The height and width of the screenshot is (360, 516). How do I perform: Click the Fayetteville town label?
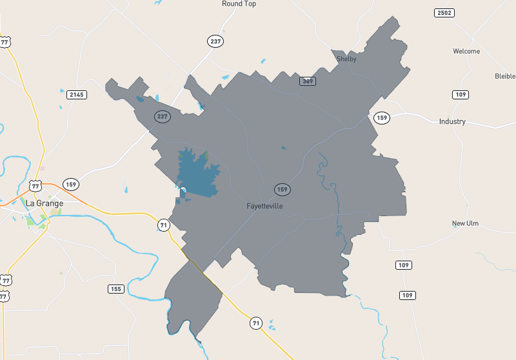(x=264, y=206)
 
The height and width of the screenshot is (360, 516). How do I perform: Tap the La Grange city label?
(x=45, y=203)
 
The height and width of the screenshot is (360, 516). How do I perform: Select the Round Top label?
(x=239, y=4)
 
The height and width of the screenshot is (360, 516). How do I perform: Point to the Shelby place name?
(x=346, y=59)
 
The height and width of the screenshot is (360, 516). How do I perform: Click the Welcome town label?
(x=466, y=52)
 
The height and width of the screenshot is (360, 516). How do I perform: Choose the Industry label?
(x=452, y=121)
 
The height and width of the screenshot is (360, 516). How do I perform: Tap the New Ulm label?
(x=466, y=223)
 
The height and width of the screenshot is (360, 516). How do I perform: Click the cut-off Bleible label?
(x=505, y=75)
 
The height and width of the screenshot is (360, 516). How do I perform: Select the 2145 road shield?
(x=77, y=95)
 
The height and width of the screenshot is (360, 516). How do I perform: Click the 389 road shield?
(x=307, y=81)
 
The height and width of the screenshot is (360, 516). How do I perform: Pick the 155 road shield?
(x=116, y=289)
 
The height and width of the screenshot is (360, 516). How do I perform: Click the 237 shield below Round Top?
(x=215, y=41)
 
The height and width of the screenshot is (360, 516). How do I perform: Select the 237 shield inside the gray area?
(x=162, y=117)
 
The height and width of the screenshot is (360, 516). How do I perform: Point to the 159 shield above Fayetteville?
(x=282, y=189)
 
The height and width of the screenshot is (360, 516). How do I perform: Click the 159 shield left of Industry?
(x=382, y=118)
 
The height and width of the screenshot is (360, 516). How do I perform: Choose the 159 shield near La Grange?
(x=71, y=183)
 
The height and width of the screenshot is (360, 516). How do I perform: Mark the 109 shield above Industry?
(x=460, y=95)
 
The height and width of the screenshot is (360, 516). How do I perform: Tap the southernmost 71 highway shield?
(x=257, y=323)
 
